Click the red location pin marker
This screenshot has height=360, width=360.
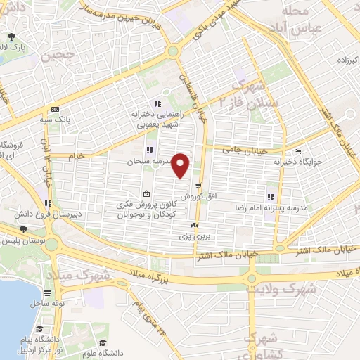tap(181, 165)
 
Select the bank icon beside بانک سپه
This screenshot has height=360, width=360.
tap(56, 109)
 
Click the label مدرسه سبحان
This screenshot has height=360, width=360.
tap(145, 160)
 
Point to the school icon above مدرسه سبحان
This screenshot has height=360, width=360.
tap(149, 150)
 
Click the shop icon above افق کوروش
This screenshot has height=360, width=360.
tap(198, 185)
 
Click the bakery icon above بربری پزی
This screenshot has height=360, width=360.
tap(195, 226)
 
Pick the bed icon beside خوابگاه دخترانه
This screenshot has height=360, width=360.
tap(297, 150)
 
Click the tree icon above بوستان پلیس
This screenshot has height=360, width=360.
tap(23, 229)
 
